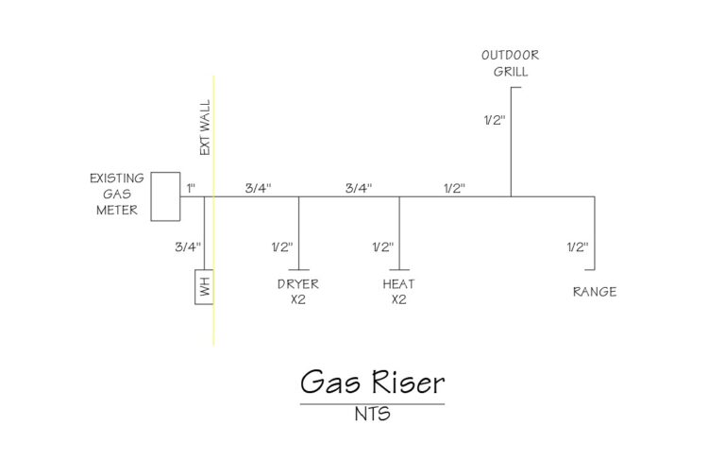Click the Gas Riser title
pyautogui.click(x=372, y=382)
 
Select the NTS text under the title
pyautogui.click(x=372, y=414)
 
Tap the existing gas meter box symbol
pyautogui.click(x=165, y=196)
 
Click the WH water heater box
pyautogui.click(x=204, y=288)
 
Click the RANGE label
pyautogui.click(x=595, y=292)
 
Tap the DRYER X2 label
pyautogui.click(x=298, y=292)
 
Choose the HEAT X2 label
pyautogui.click(x=398, y=292)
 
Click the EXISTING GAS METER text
pyautogui.click(x=117, y=195)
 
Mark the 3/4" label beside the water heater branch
pyautogui.click(x=188, y=247)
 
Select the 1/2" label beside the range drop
pyautogui.click(x=577, y=247)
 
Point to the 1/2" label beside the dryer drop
pyautogui.click(x=282, y=247)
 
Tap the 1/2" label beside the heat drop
pyautogui.click(x=382, y=247)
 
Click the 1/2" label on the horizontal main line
pyautogui.click(x=455, y=188)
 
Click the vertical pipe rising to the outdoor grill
pyautogui.click(x=511, y=142)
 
